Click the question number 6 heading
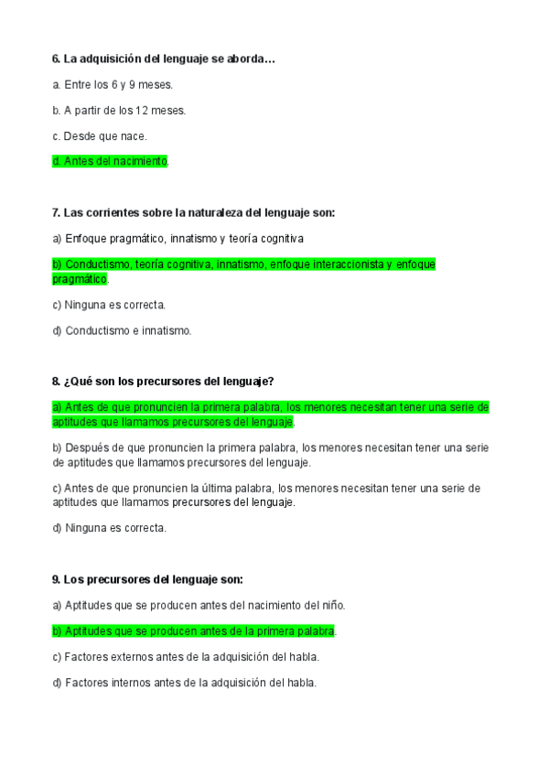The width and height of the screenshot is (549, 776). point(164,59)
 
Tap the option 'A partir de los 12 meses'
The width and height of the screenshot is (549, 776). point(119,111)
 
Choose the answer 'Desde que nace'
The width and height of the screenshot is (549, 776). point(100,136)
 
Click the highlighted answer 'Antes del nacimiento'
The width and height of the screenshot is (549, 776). point(111,161)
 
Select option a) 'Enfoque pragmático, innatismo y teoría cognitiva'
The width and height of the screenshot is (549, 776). point(178,238)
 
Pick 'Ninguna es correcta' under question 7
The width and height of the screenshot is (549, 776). point(109,305)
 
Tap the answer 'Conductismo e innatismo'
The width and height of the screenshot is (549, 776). point(122,330)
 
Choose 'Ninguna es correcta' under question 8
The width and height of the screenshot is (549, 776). point(109,528)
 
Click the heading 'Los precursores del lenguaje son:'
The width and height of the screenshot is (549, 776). point(147,579)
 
